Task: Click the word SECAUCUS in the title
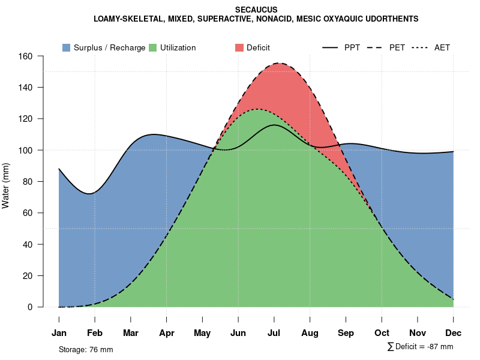point(256,10)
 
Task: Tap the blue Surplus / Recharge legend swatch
point(66,47)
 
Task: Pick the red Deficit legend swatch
point(239,47)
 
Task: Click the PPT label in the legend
point(352,47)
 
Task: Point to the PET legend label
point(397,47)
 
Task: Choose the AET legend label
point(442,47)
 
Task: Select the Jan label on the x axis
point(59,333)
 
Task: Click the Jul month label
point(274,333)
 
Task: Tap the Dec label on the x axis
point(454,333)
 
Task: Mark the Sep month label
point(346,333)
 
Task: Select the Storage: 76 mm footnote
point(86,349)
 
